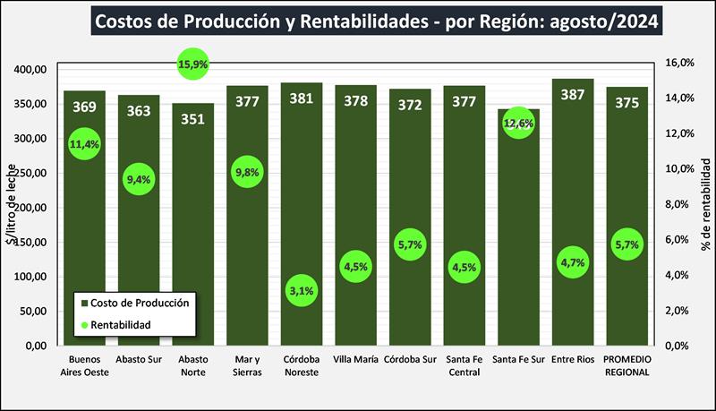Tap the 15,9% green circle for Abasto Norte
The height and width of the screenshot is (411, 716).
tap(193, 64)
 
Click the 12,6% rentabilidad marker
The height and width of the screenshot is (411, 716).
tap(518, 124)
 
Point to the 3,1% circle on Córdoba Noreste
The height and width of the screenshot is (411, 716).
tap(302, 290)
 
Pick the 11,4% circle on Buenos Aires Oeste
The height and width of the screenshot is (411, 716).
tap(84, 143)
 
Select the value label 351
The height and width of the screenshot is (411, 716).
tap(193, 116)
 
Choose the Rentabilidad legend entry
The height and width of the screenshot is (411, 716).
tap(120, 323)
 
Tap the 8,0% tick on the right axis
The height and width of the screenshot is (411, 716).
tap(682, 204)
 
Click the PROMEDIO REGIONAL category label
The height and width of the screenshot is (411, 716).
tap(626, 366)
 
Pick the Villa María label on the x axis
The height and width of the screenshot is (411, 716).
tap(355, 361)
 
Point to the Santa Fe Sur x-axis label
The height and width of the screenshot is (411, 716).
tap(518, 361)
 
